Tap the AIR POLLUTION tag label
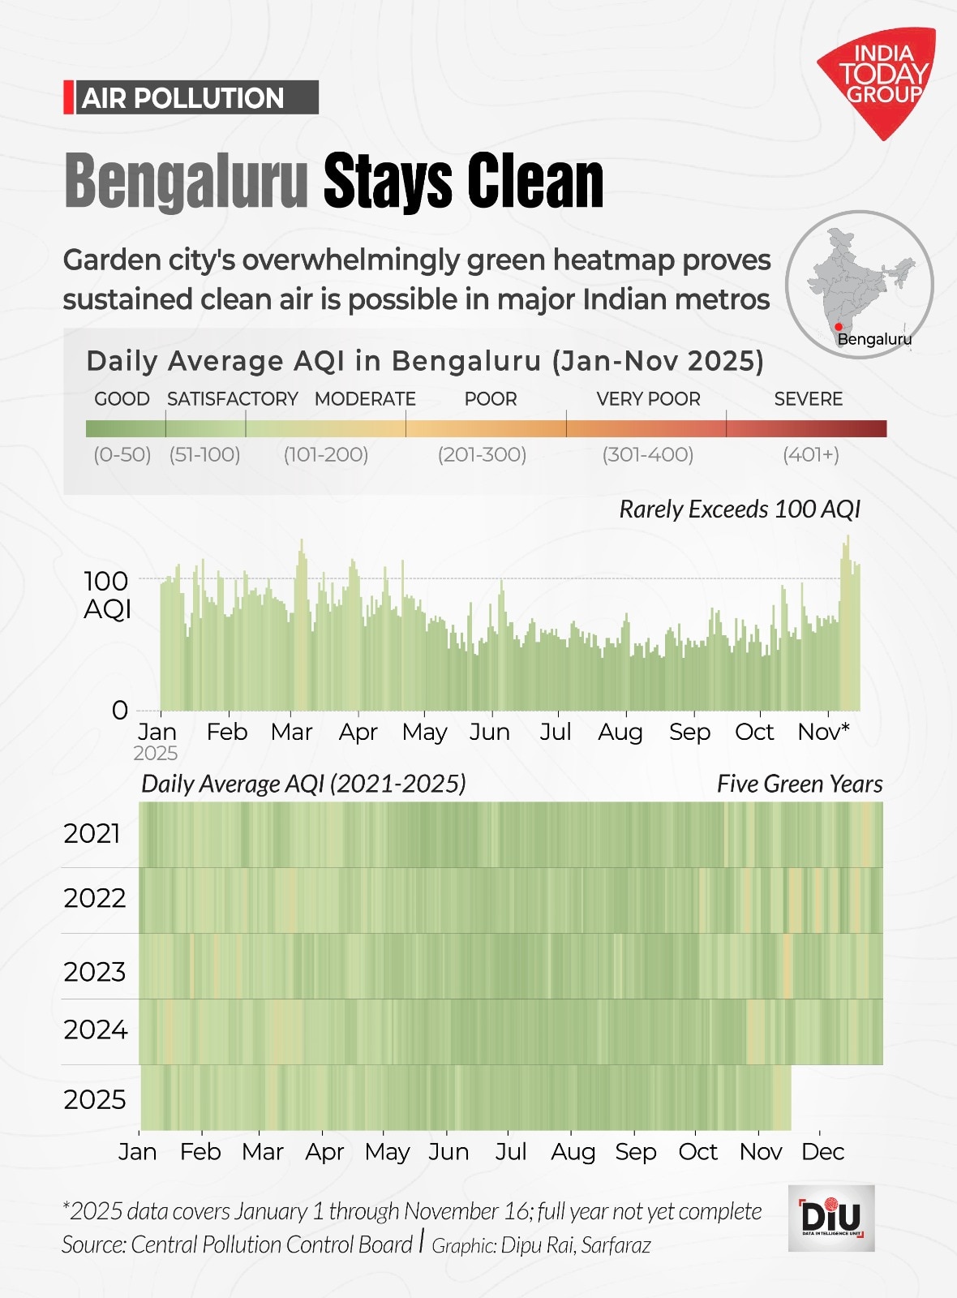tap(183, 98)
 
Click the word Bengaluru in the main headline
tap(186, 181)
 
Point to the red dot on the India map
tap(839, 327)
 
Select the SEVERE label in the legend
tap(808, 399)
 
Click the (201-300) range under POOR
tap(482, 454)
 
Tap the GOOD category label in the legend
tap(122, 399)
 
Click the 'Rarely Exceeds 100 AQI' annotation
tap(739, 509)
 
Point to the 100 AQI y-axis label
tap(106, 594)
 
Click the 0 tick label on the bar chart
tap(120, 711)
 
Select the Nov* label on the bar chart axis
tap(823, 732)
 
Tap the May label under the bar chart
tap(424, 732)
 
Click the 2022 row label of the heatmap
tap(95, 898)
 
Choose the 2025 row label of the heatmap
tap(95, 1099)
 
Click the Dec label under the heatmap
tap(822, 1152)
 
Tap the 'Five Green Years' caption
tap(799, 784)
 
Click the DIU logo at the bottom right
tap(831, 1217)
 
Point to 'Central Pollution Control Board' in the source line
tap(272, 1244)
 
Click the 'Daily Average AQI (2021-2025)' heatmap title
tap(303, 784)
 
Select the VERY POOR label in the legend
tap(648, 399)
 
